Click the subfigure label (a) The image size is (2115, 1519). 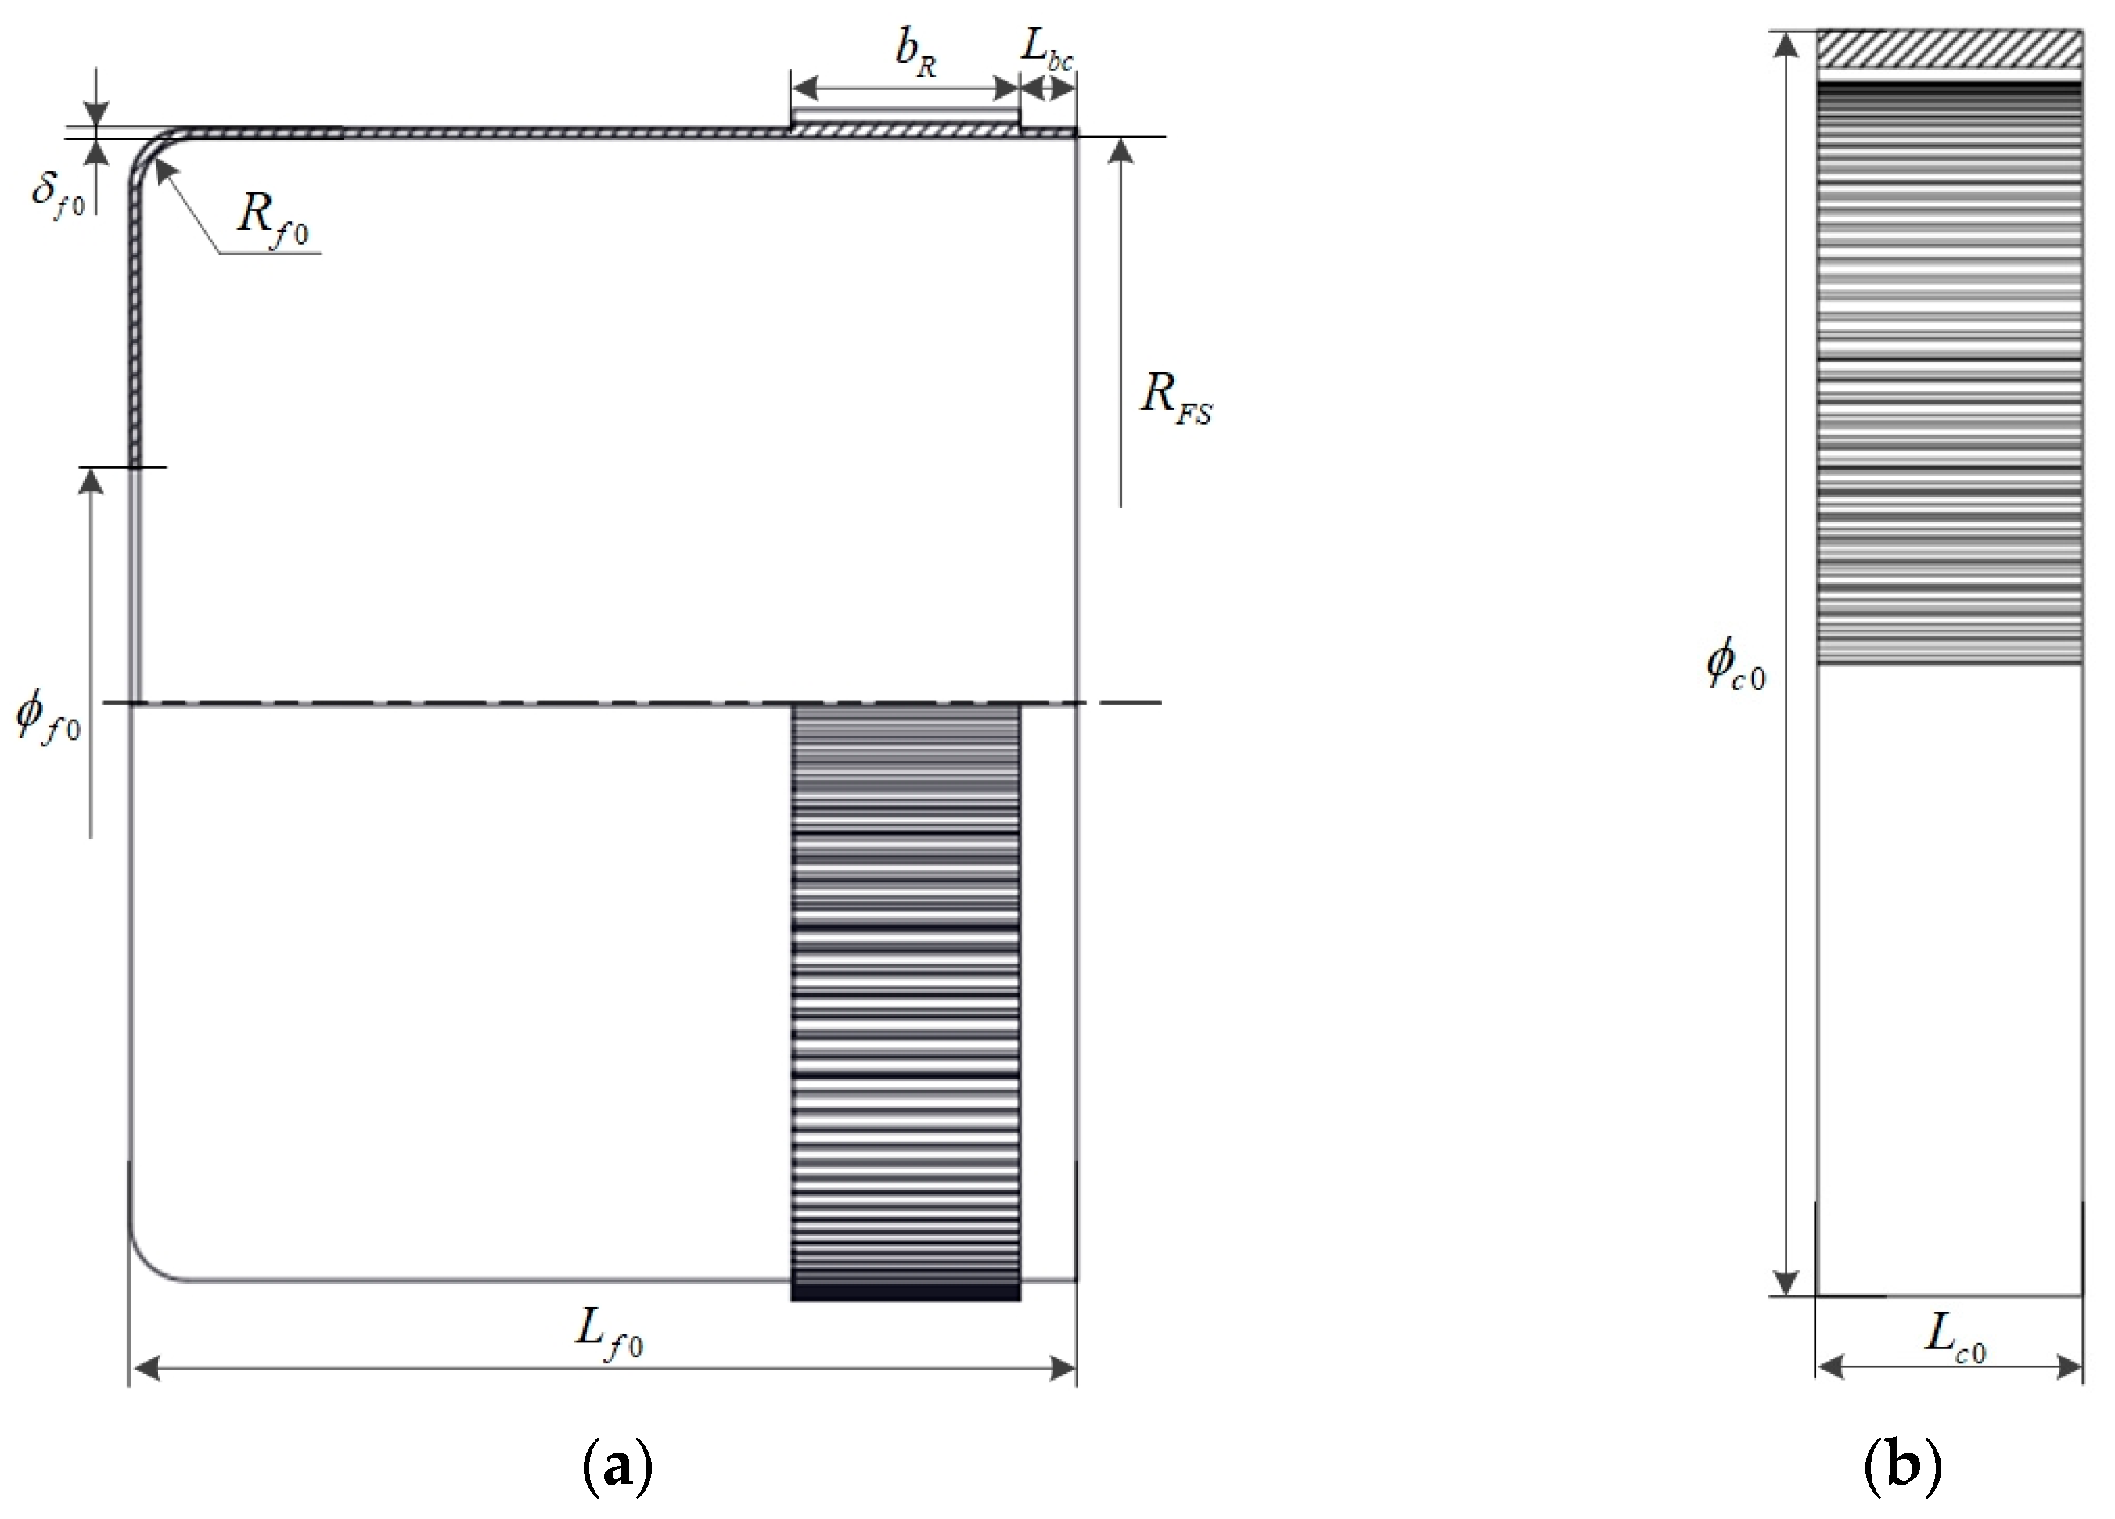click(617, 1466)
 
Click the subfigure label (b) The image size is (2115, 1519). click(1902, 1466)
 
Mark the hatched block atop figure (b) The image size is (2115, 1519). click(1949, 48)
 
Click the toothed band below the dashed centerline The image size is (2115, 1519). click(905, 998)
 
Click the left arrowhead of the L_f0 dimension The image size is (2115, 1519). click(145, 1368)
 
